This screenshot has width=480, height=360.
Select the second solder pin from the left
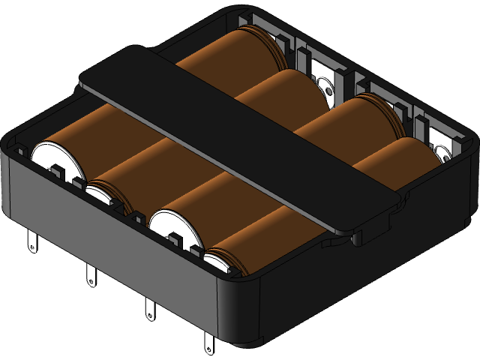point(91,274)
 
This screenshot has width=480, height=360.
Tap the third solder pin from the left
point(148,307)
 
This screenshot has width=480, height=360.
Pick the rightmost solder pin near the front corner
point(208,341)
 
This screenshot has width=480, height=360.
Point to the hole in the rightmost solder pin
point(208,347)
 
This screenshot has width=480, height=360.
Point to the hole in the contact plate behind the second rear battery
point(330,90)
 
